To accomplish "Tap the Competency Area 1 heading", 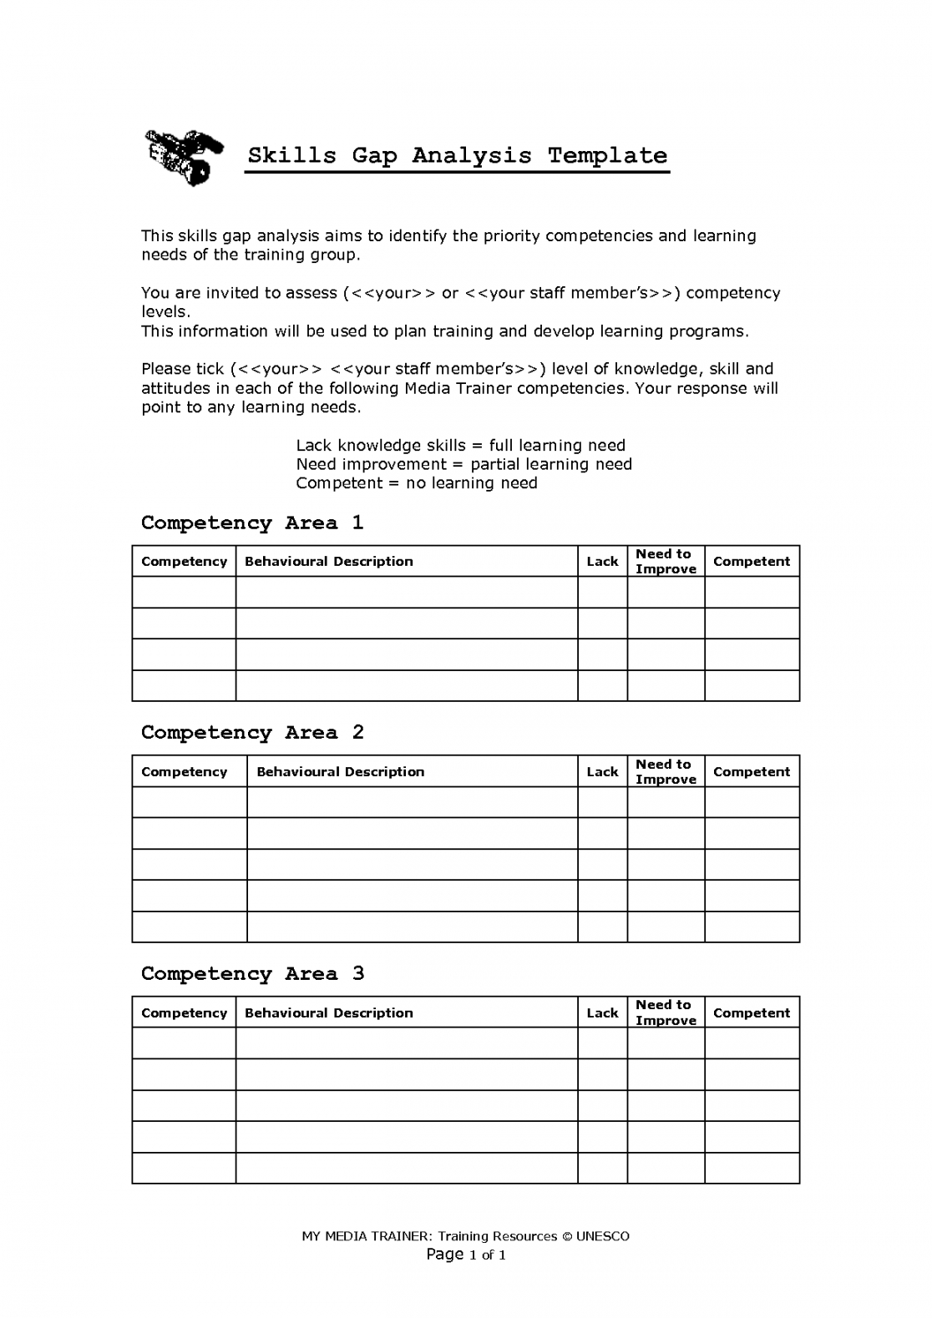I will coord(252,523).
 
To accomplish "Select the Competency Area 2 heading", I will coord(252,733).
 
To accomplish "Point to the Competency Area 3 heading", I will coord(252,974).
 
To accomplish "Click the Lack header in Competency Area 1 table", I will coord(602,562).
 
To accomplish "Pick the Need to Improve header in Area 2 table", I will coord(666,771).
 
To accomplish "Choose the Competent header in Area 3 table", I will coord(752,1013).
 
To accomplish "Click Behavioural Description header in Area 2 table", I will coord(340,772).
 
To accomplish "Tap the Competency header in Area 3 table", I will coord(184,1013).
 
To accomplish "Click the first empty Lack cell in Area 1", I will coord(602,593).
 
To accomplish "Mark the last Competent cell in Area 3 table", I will coord(752,1168).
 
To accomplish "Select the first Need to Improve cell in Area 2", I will coord(666,802).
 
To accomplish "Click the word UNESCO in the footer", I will coord(602,1236).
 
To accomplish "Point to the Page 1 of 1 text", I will coord(466,1255).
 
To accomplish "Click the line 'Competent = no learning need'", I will coord(417,483).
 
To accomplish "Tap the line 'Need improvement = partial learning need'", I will coord(463,464).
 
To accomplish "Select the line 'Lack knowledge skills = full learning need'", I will coord(460,446).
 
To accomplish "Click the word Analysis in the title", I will coord(471,156).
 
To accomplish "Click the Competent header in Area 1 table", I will coord(752,562).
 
